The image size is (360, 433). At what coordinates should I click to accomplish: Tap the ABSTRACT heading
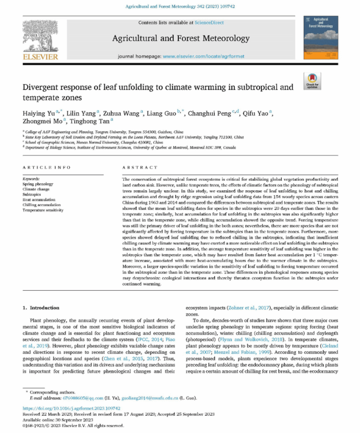(140, 167)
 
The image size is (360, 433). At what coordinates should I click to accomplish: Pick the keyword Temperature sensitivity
(43, 210)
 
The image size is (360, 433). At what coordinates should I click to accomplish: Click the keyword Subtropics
(31, 195)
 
